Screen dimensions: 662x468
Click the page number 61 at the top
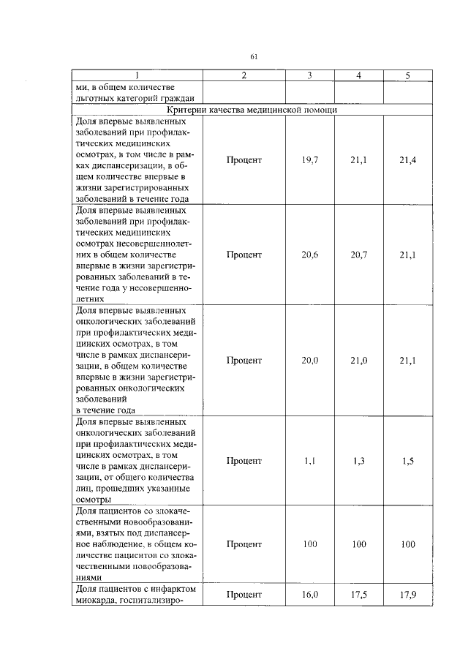pos(254,56)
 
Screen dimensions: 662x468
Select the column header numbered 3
pos(309,75)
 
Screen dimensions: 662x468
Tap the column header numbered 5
pos(407,75)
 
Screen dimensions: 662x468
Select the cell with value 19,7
pos(309,160)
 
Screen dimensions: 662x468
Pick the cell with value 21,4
pos(407,160)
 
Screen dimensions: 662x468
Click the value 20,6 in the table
pos(309,255)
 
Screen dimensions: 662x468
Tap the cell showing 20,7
pos(358,255)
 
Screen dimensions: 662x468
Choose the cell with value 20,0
pos(309,360)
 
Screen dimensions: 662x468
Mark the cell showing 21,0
pos(358,360)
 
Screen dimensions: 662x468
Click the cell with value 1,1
pos(309,460)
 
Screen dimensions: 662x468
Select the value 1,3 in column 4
pos(358,460)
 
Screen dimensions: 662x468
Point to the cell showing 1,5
pos(407,460)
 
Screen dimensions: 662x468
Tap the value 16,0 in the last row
pos(309,595)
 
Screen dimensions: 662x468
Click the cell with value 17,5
pos(358,595)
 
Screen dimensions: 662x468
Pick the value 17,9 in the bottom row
pos(407,595)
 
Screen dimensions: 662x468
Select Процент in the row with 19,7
pos(244,160)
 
